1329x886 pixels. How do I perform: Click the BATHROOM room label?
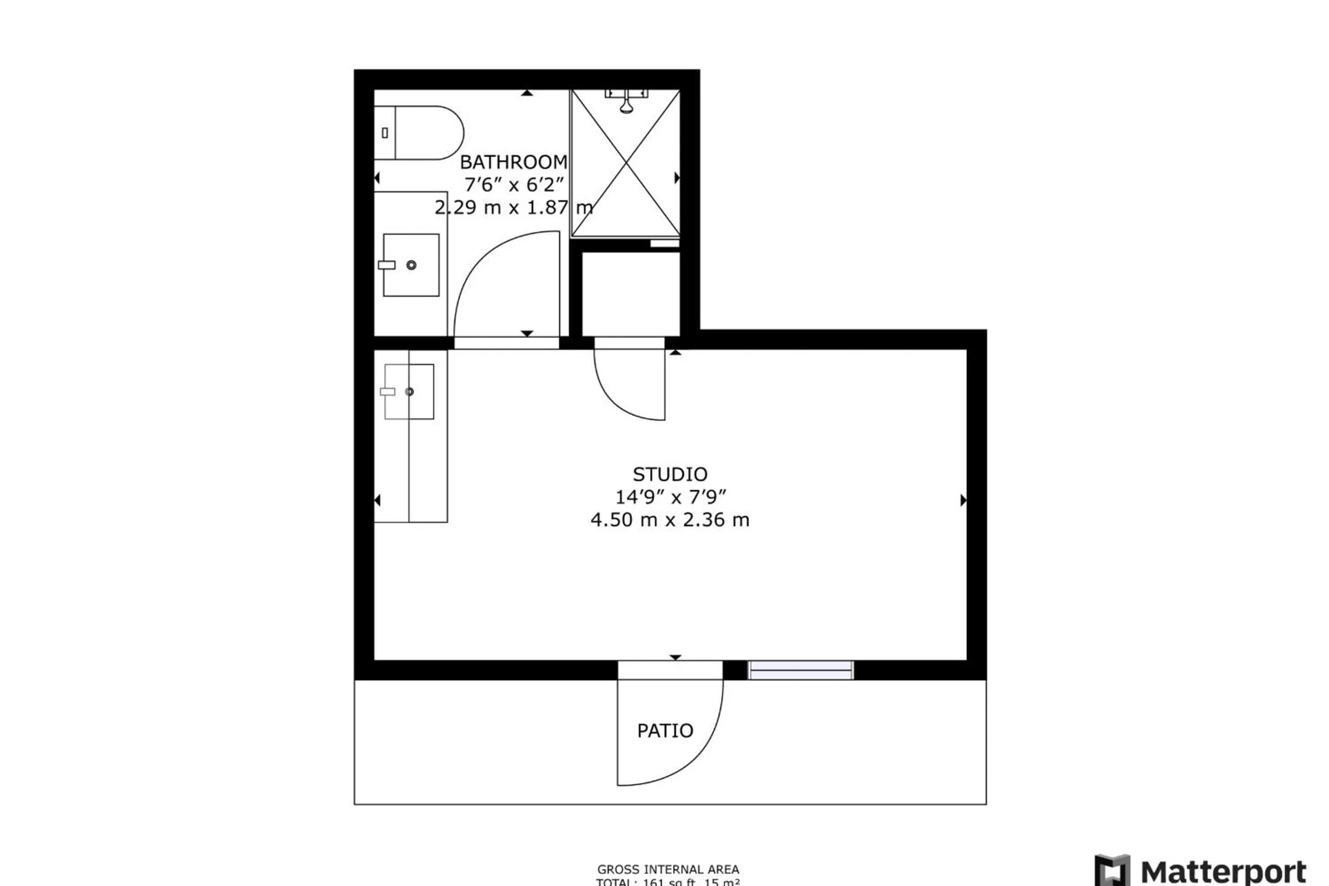[513, 162]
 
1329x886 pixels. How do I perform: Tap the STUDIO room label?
[669, 474]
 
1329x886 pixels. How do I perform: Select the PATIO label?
[664, 730]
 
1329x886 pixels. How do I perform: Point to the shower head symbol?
[626, 105]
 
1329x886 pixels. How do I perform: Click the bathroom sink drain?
[411, 265]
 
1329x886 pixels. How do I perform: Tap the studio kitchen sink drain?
[410, 392]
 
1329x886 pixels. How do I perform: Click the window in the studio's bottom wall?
[801, 670]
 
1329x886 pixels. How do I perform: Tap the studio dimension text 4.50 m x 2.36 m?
[669, 520]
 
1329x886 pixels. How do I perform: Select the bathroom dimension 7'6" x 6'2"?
[513, 185]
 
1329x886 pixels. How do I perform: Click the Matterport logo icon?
[1112, 870]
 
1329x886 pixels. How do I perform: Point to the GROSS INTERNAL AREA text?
[668, 869]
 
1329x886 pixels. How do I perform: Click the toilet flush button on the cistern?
[385, 133]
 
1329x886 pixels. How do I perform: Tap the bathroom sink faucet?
[387, 265]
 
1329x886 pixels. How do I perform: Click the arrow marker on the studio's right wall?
[963, 500]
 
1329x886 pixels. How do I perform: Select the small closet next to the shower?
[631, 294]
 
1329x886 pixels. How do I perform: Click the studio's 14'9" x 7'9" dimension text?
[669, 497]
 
